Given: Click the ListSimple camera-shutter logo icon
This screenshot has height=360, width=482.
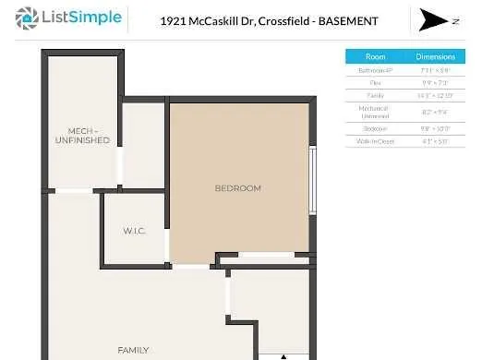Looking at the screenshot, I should click(28, 18).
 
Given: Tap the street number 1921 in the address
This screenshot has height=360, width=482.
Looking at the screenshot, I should click(173, 19).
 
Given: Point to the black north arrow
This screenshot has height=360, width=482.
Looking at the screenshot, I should click(431, 19).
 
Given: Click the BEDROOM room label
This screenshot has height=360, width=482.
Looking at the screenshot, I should click(237, 188).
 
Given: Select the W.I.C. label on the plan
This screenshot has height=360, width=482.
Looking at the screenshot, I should click(134, 230).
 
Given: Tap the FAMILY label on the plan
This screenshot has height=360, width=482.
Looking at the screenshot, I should click(133, 350).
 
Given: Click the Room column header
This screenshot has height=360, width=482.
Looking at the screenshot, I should click(375, 56).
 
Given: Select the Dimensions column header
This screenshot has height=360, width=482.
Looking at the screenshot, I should click(435, 56).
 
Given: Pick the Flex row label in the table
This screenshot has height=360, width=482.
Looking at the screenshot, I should click(375, 82).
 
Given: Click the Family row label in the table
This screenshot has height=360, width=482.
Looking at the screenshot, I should click(375, 94).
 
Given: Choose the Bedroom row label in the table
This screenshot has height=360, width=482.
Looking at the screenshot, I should click(375, 128).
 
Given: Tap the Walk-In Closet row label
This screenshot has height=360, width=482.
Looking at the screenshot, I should click(375, 141).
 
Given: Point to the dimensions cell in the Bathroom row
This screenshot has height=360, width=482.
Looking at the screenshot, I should click(435, 70).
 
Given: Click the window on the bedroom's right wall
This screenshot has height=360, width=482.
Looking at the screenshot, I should click(312, 180).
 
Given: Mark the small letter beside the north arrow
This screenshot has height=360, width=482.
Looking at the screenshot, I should click(454, 19).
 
